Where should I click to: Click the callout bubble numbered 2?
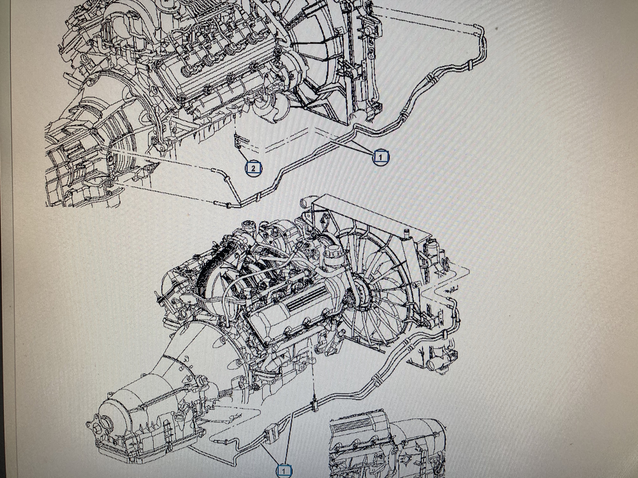(253, 168)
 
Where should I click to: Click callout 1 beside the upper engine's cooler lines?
(380, 157)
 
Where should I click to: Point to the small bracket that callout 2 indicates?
(239, 141)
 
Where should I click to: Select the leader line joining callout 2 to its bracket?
(245, 155)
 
